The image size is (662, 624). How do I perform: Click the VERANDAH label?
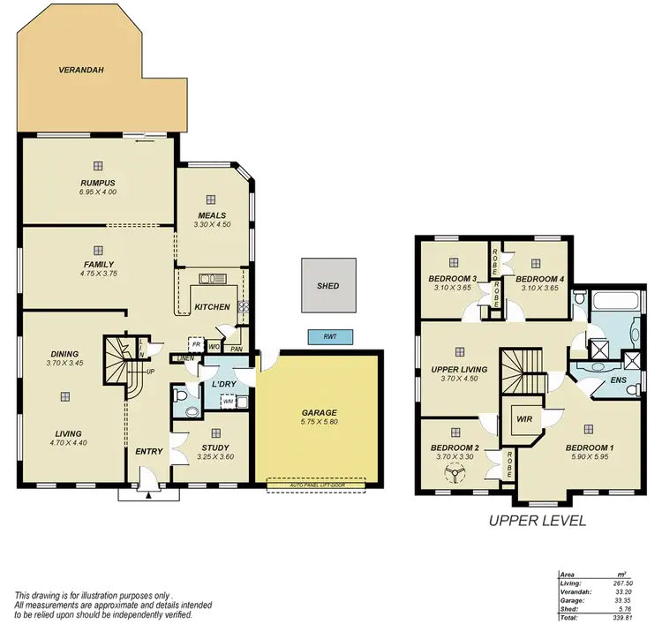(77, 68)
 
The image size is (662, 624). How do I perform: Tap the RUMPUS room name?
(97, 183)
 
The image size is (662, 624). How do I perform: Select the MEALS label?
(211, 214)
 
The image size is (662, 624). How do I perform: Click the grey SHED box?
(327, 286)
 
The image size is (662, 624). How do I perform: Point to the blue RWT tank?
(329, 336)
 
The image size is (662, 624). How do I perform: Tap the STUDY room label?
(215, 447)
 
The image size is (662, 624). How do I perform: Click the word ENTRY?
(149, 453)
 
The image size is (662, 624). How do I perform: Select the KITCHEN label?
(212, 307)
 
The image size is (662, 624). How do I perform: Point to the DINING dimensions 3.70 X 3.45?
(64, 363)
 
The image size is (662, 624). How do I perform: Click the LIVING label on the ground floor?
(67, 433)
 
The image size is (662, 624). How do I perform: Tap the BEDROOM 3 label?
(453, 279)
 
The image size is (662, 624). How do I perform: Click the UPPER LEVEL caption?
(537, 523)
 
